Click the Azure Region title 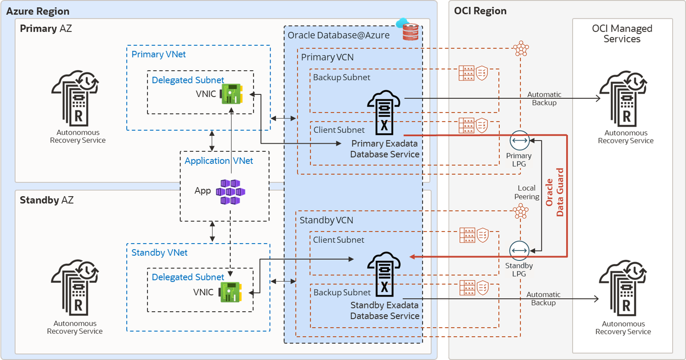click(38, 11)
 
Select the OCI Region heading click(480, 11)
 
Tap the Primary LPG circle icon click(520, 140)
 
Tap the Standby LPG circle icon click(519, 250)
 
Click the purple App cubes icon click(231, 192)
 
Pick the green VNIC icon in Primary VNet click(231, 94)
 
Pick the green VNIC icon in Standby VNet click(231, 292)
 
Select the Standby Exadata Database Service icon click(384, 274)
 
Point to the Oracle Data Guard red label click(555, 192)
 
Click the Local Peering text click(527, 192)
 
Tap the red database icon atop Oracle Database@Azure click(410, 31)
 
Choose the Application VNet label click(218, 161)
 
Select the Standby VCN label click(326, 220)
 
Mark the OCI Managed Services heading click(622, 34)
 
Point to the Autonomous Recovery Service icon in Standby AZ click(75, 288)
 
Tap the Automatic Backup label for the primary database click(544, 99)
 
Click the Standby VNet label click(159, 253)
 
